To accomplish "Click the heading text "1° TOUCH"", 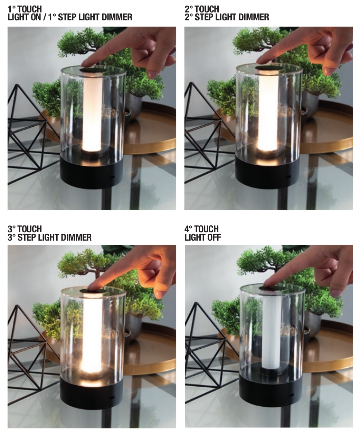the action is [x=25, y=9].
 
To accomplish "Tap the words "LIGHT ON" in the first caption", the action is [x=24, y=17].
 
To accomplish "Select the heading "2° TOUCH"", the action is [x=202, y=9].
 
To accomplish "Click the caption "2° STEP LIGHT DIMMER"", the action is [x=227, y=17].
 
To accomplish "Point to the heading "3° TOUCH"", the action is [x=25, y=229].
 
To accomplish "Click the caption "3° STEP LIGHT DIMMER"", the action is [x=49, y=237].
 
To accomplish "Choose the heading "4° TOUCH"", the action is [x=201, y=229].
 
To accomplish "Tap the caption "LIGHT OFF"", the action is [x=202, y=237].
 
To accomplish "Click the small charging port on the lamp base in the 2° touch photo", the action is [x=288, y=177].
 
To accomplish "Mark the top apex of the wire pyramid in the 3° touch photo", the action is [x=17, y=306].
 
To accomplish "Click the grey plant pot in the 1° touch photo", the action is [x=134, y=106].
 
